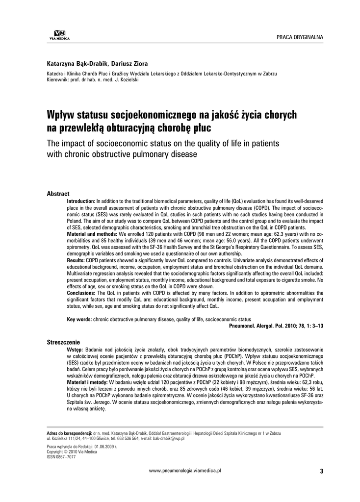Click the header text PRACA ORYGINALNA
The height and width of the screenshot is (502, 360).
(x=299, y=38)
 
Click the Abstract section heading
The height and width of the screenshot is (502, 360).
(x=58, y=194)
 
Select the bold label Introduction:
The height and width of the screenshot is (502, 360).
(x=81, y=201)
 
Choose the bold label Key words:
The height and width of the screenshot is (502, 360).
(x=79, y=319)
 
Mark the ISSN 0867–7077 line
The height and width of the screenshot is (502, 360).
(x=61, y=456)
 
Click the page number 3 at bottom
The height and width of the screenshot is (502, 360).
(x=321, y=471)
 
